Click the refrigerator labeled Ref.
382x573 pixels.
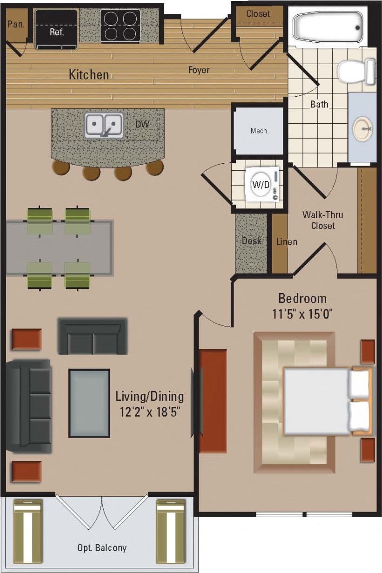click(x=56, y=29)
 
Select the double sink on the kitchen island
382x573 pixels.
click(x=104, y=125)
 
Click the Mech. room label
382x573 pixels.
click(x=259, y=131)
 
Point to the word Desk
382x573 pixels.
click(x=251, y=241)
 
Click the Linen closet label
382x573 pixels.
click(x=287, y=241)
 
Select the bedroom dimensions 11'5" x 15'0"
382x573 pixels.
click(x=302, y=314)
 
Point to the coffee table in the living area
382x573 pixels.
click(x=89, y=403)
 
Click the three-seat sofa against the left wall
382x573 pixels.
click(x=30, y=406)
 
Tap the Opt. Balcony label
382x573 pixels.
click(x=102, y=548)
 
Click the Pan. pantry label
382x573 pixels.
click(x=16, y=24)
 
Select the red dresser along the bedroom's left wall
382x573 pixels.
click(x=213, y=401)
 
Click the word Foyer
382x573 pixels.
click(x=199, y=70)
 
